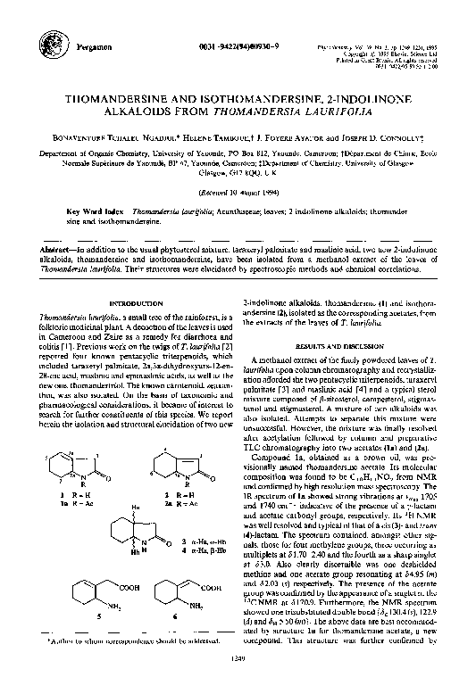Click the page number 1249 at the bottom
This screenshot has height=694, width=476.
(237, 682)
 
